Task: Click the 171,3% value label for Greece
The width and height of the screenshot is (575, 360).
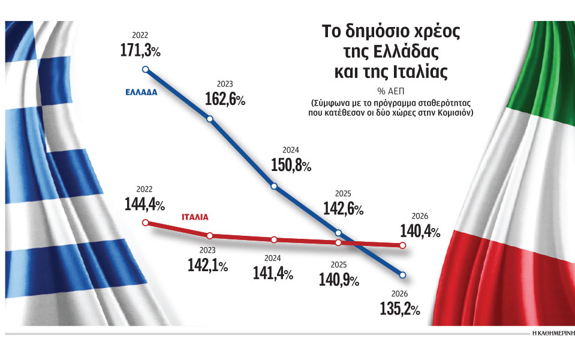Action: pyautogui.click(x=139, y=52)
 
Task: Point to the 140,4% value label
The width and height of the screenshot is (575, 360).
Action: pyautogui.click(x=419, y=231)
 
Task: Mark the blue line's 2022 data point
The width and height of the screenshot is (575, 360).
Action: pyautogui.click(x=145, y=70)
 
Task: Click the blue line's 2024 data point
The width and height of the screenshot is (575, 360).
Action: pyautogui.click(x=274, y=186)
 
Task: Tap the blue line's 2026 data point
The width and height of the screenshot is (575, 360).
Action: pyautogui.click(x=402, y=275)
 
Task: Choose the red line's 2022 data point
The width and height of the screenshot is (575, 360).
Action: pyautogui.click(x=145, y=223)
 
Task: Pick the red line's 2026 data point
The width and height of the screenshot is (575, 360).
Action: pyautogui.click(x=402, y=245)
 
